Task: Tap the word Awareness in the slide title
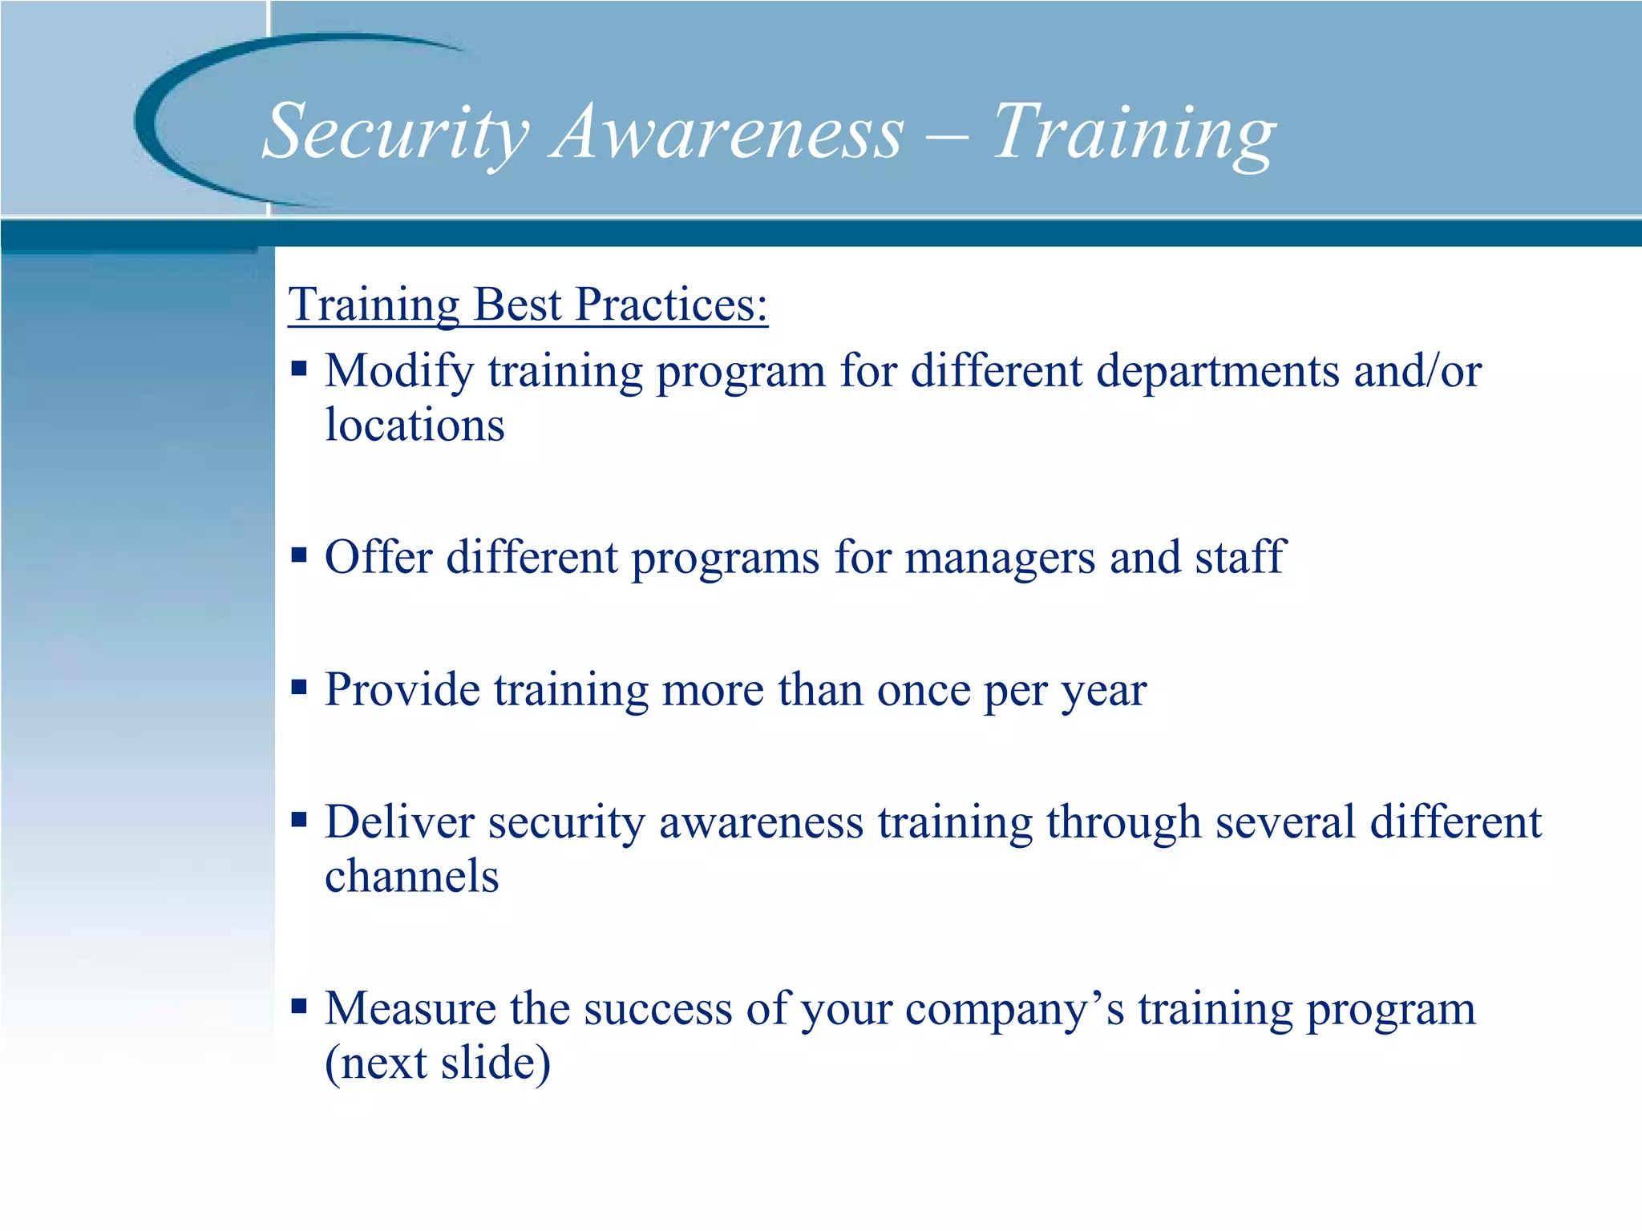[x=728, y=132]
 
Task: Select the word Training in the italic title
[x=1134, y=132]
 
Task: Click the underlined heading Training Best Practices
[x=528, y=305]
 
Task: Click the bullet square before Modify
[x=299, y=369]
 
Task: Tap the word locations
[x=415, y=425]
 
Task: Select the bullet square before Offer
[x=299, y=555]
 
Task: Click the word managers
[x=999, y=558]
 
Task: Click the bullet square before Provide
[x=299, y=687]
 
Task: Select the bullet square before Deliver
[x=299, y=819]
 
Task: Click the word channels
[x=412, y=876]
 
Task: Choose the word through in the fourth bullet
[x=1122, y=823]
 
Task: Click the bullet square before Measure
[x=299, y=1006]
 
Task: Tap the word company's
[x=1014, y=1010]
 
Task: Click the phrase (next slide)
[x=438, y=1063]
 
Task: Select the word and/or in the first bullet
[x=1417, y=371]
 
